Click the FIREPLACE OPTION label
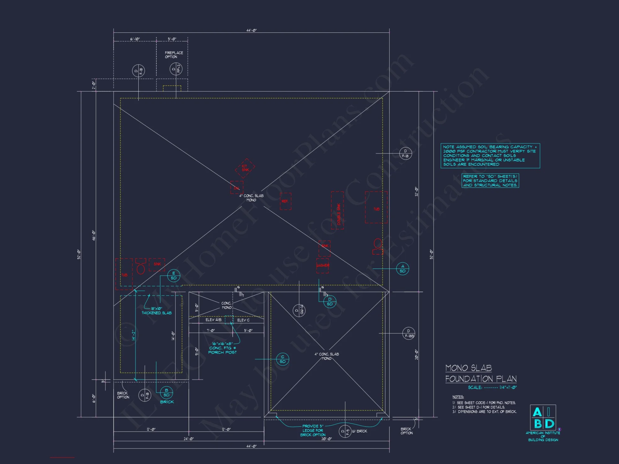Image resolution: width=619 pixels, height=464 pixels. click(x=174, y=55)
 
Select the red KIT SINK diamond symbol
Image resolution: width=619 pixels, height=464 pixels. click(x=245, y=168)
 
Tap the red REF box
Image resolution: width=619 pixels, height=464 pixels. click(x=285, y=201)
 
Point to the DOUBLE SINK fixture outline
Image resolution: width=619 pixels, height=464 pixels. click(x=337, y=210)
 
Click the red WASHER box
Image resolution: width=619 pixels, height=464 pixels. click(x=322, y=266)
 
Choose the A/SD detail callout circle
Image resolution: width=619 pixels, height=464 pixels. click(x=402, y=269)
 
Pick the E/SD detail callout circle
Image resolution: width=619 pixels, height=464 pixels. click(x=174, y=276)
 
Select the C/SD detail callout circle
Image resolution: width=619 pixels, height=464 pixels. click(x=283, y=359)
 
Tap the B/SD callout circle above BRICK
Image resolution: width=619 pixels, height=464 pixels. click(x=167, y=393)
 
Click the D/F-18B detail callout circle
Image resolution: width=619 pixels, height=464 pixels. click(x=409, y=333)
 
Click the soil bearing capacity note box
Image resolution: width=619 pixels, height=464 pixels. click(x=490, y=156)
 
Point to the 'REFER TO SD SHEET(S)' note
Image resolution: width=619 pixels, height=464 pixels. click(x=490, y=181)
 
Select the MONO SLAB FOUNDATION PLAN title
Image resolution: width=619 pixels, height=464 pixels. click(x=481, y=373)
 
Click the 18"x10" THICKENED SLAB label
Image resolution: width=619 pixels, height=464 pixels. click(x=157, y=311)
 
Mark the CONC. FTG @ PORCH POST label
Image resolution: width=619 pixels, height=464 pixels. click(x=223, y=348)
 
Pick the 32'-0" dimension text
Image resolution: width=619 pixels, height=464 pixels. click(x=416, y=191)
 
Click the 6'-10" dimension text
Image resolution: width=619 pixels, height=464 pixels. click(x=135, y=39)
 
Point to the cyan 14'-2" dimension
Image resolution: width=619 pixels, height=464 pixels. click(x=134, y=335)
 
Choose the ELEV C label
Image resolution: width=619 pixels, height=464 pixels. click(x=243, y=320)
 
